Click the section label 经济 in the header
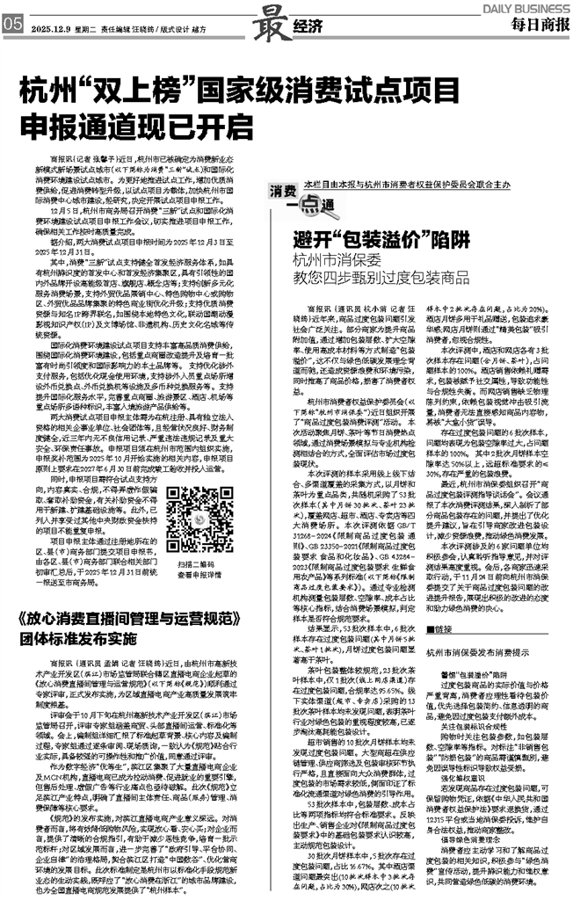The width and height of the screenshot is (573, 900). click(x=303, y=26)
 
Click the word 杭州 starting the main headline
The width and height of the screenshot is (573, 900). click(x=45, y=90)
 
